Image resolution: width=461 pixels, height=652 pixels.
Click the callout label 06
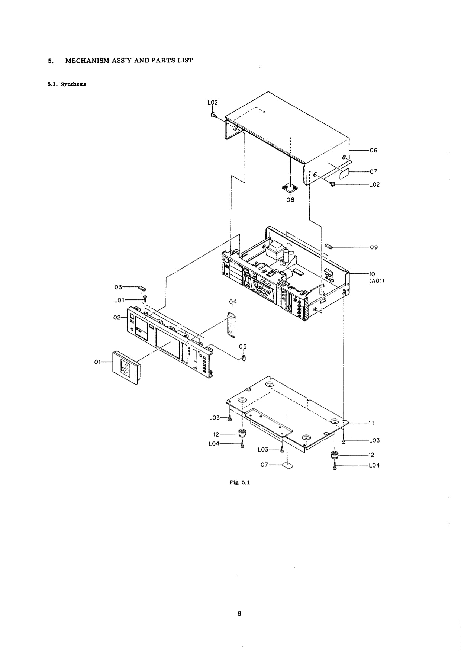coord(373,150)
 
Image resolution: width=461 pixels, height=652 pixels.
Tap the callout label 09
coord(374,247)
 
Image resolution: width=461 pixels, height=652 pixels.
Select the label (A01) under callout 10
coord(376,281)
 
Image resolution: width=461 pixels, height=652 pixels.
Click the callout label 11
coord(371,423)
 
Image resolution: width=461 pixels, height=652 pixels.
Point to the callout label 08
coord(290,200)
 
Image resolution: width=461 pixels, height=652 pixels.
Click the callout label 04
coord(233,301)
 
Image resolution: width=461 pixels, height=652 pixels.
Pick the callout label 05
coord(242,346)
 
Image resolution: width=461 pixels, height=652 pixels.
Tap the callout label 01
coord(97,362)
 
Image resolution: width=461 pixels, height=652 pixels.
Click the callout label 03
coord(118,287)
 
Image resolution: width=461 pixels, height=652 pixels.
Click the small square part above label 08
coord(290,187)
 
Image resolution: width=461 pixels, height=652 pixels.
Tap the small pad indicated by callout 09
coord(327,246)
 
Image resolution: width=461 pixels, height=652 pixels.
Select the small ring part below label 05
coord(244,358)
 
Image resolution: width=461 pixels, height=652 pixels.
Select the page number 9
coord(239,613)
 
